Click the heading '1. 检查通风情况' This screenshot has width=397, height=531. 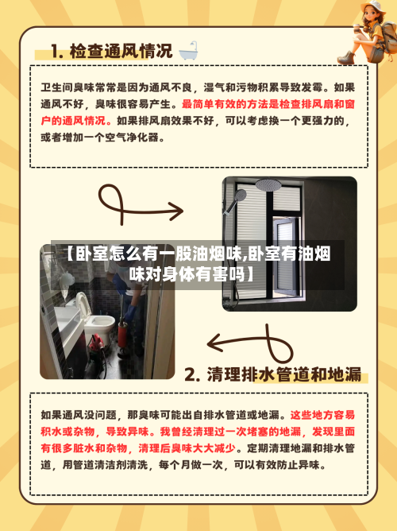(110, 52)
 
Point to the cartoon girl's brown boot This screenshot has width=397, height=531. (347, 56)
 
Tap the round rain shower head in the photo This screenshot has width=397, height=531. (268, 185)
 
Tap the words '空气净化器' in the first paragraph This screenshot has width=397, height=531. (141, 137)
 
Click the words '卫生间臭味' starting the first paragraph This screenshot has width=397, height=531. (66, 87)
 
